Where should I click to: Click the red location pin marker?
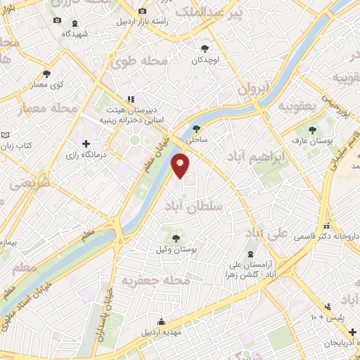pyautogui.click(x=181, y=166)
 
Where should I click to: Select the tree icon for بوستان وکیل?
pyautogui.click(x=176, y=238)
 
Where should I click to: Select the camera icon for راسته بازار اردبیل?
pyautogui.click(x=143, y=11)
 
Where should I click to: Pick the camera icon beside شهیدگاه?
pyautogui.click(x=57, y=21)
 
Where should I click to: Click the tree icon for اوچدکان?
pyautogui.click(x=205, y=49)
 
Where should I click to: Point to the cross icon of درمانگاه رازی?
pyautogui.click(x=86, y=143)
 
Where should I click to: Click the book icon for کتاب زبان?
pyautogui.click(x=6, y=134)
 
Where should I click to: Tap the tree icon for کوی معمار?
pyautogui.click(x=47, y=73)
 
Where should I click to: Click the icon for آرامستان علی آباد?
pyautogui.click(x=251, y=255)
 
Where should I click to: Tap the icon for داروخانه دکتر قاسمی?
pyautogui.click(x=326, y=226)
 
